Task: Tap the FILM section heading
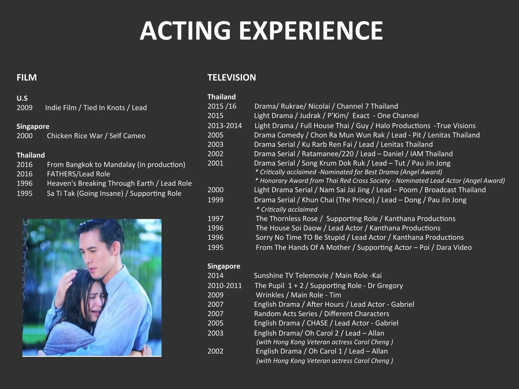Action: pyautogui.click(x=27, y=77)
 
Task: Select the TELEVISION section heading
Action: pyautogui.click(x=232, y=77)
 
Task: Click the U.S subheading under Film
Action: pyautogui.click(x=22, y=98)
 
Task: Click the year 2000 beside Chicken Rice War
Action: pyautogui.click(x=25, y=136)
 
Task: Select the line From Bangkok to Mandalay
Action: pyautogui.click(x=116, y=165)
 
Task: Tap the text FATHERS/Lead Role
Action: pyautogui.click(x=78, y=174)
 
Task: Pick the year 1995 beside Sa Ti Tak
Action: pyautogui.click(x=25, y=193)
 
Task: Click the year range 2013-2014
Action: pyautogui.click(x=225, y=126)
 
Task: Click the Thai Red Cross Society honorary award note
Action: pyautogui.click(x=380, y=181)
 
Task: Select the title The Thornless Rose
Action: pyautogui.click(x=287, y=219)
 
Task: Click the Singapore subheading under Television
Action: pyautogui.click(x=224, y=266)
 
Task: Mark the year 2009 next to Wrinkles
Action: pyautogui.click(x=215, y=295)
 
